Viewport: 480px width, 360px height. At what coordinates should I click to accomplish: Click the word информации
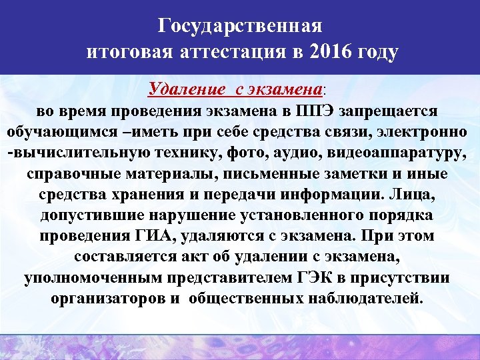[339, 195]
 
